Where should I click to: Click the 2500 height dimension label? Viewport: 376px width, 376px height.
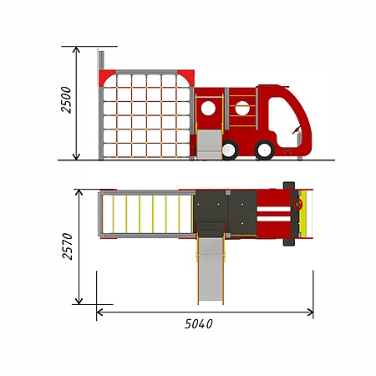pos(66,99)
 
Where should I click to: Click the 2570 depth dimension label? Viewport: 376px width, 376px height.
pos(68,246)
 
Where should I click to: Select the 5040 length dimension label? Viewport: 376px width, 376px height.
pos(199,324)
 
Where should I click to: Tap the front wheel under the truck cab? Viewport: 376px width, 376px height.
pos(264,150)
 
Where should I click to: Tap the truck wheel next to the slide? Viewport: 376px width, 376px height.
pos(230,150)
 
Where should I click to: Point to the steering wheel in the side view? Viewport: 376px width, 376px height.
pos(297,130)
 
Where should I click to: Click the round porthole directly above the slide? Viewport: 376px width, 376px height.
pos(208,109)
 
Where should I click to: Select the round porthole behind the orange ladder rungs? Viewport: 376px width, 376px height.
pos(242,109)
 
